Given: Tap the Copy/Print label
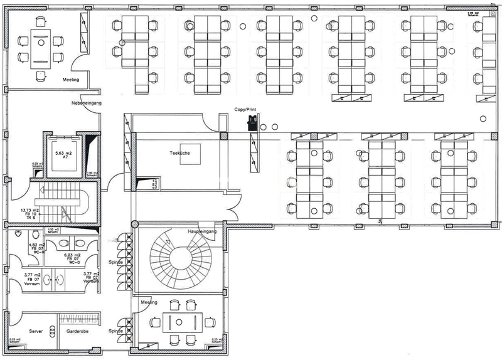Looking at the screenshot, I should [245, 109].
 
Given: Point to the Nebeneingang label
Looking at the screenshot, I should [83, 103].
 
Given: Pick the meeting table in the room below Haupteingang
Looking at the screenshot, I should [180, 322].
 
